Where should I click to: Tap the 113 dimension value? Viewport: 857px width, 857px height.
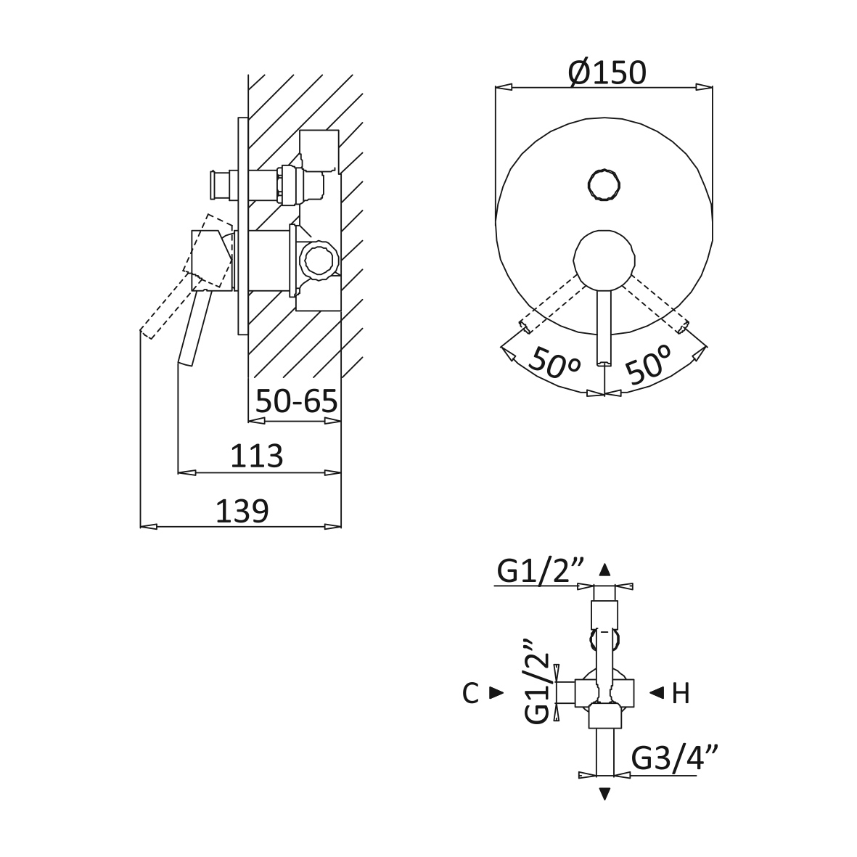pyautogui.click(x=256, y=455)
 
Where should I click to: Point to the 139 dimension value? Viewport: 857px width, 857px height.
pyautogui.click(x=242, y=511)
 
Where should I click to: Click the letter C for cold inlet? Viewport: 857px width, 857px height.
pyautogui.click(x=470, y=694)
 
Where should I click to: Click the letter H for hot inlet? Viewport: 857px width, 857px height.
pyautogui.click(x=681, y=694)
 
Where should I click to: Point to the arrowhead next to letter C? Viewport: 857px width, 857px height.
pyautogui.click(x=496, y=693)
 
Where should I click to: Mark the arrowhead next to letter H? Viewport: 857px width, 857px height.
pyautogui.click(x=657, y=693)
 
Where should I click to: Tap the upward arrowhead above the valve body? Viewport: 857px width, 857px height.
pyautogui.click(x=604, y=570)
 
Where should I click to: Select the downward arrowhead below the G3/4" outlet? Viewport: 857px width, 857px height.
pyautogui.click(x=604, y=794)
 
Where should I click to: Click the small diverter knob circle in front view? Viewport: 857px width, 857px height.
pyautogui.click(x=604, y=186)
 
